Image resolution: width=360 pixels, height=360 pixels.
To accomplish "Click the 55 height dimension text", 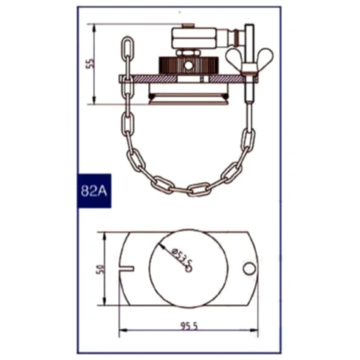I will coord(89,64).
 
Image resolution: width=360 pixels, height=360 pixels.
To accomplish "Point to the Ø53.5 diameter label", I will coord(178,258).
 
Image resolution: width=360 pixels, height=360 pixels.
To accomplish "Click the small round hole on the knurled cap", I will coord(188,66).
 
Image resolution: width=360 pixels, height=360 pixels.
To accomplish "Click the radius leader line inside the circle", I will coord(174,258).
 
